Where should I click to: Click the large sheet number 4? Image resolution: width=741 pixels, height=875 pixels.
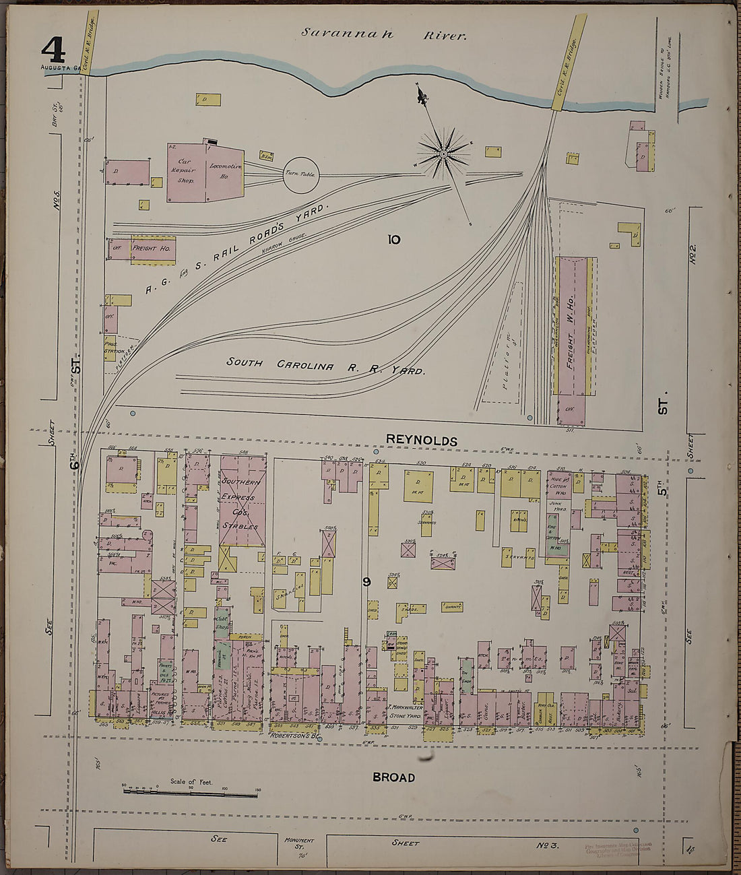click(x=53, y=49)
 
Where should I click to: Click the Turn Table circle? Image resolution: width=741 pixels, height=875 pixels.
click(x=300, y=174)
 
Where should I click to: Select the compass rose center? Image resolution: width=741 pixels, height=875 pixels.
click(x=444, y=154)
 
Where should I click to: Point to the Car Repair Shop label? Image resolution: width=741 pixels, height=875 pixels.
click(x=185, y=171)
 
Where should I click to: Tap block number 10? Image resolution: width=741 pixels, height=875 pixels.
click(x=393, y=238)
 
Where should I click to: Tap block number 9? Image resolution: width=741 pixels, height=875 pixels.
click(x=366, y=582)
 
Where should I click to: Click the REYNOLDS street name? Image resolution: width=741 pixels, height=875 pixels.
click(x=421, y=441)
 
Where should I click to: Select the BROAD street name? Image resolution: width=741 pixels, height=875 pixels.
click(x=393, y=777)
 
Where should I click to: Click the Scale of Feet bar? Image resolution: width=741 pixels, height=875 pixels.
click(x=191, y=795)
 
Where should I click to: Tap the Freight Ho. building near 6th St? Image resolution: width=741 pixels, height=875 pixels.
click(x=153, y=249)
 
